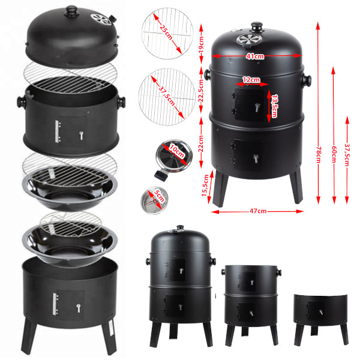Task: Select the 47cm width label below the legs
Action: click(257, 211)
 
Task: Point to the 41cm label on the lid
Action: click(255, 57)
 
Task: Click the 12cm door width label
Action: click(251, 79)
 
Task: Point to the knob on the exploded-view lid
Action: click(72, 11)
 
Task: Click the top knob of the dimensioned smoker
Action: click(257, 27)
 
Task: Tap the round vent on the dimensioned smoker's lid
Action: click(247, 40)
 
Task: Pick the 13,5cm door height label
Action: click(274, 107)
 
